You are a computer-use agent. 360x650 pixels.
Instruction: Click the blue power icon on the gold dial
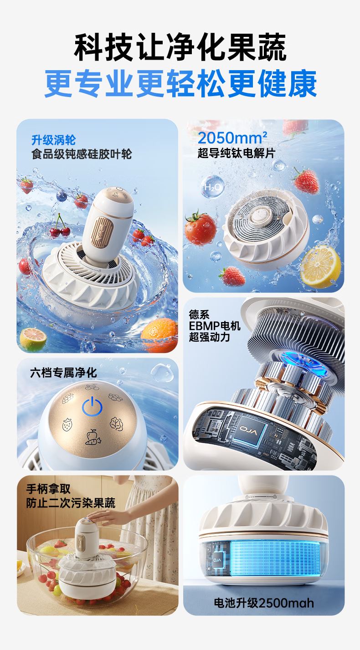(x=92, y=406)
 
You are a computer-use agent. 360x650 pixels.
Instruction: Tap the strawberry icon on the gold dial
(x=67, y=425)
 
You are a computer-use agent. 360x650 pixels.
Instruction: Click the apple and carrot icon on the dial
(x=93, y=437)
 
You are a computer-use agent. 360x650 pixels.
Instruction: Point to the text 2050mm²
(x=232, y=138)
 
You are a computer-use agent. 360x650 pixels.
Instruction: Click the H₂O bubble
(x=213, y=187)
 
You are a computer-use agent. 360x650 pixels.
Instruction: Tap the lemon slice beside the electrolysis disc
(x=320, y=266)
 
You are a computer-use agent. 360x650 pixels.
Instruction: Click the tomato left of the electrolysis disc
(x=200, y=228)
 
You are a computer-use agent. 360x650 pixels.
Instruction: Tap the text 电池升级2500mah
(x=263, y=603)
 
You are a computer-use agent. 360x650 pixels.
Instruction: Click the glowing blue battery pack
(x=275, y=557)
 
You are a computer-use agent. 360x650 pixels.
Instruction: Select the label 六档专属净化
(x=63, y=373)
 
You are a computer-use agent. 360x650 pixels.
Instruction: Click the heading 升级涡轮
(x=53, y=140)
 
